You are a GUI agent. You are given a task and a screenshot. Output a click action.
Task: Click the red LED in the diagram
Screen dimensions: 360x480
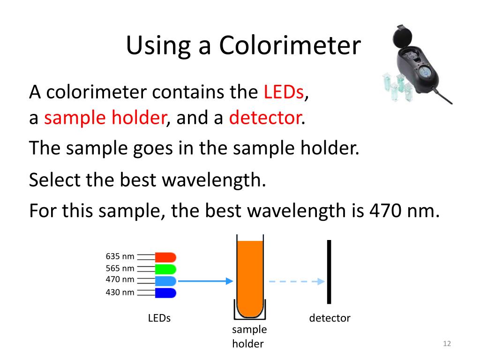pyautogui.click(x=165, y=257)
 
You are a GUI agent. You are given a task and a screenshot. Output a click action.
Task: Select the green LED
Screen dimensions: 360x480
pyautogui.click(x=165, y=269)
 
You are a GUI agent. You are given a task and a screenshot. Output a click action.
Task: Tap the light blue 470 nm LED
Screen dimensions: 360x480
pyautogui.click(x=165, y=281)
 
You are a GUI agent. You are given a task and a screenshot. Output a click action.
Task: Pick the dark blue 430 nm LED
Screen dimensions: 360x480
pyautogui.click(x=165, y=293)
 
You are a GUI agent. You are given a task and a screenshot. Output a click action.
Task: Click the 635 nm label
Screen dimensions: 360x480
pyautogui.click(x=120, y=256)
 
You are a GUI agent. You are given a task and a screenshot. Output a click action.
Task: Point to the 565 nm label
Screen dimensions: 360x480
pyautogui.click(x=120, y=269)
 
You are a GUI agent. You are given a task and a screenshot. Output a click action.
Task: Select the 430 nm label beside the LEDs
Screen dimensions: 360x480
pyautogui.click(x=120, y=292)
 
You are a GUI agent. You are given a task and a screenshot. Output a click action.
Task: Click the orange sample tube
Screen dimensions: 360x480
pyautogui.click(x=250, y=277)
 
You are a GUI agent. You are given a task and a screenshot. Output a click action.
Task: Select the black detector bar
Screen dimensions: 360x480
pyautogui.click(x=329, y=272)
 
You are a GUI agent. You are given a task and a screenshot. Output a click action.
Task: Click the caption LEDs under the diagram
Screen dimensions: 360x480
pyautogui.click(x=159, y=318)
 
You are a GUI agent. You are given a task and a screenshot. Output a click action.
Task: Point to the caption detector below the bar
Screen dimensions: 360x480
pyautogui.click(x=330, y=318)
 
